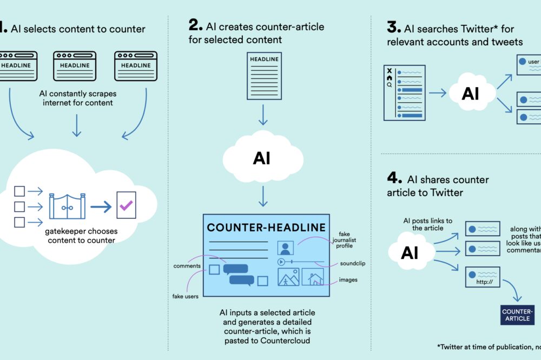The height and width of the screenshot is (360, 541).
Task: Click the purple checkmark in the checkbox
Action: click(126, 205)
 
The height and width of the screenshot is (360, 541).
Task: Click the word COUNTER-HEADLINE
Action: click(266, 227)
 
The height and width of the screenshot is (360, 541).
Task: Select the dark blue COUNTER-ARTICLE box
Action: click(517, 315)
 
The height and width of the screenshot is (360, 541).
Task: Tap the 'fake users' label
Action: click(186, 296)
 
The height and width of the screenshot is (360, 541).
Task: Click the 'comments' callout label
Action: click(187, 266)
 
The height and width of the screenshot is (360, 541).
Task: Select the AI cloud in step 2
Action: click(262, 158)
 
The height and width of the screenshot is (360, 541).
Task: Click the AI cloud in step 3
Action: click(470, 94)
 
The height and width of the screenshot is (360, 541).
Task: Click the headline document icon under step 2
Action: click(264, 75)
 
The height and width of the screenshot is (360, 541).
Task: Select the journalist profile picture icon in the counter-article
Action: click(285, 248)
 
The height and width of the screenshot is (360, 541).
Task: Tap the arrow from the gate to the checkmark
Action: click(101, 206)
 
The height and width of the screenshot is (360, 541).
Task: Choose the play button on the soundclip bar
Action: click(281, 262)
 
